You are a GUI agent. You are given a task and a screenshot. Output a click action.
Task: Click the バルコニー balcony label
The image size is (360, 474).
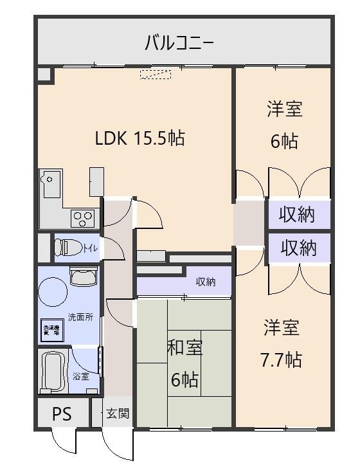(179, 43)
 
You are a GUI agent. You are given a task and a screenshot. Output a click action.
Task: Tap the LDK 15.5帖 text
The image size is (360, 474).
(139, 138)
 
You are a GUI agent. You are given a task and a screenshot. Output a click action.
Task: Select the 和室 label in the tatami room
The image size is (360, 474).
(184, 348)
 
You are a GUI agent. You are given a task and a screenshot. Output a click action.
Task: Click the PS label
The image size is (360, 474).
(62, 414)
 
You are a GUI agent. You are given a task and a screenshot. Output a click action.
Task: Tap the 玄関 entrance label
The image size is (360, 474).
(118, 414)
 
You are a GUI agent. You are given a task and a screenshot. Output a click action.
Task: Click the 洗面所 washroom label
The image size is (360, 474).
(80, 318)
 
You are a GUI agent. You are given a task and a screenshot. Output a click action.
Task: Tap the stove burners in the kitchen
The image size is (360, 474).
(83, 219)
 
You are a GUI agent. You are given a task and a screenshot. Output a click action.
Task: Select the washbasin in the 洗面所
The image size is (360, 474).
(83, 277)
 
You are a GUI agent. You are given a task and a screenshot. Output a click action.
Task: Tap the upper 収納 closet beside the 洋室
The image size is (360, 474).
(297, 215)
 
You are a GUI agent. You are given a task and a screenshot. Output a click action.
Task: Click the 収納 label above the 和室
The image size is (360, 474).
(206, 282)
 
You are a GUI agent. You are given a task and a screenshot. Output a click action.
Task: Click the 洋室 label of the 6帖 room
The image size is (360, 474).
(284, 109)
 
